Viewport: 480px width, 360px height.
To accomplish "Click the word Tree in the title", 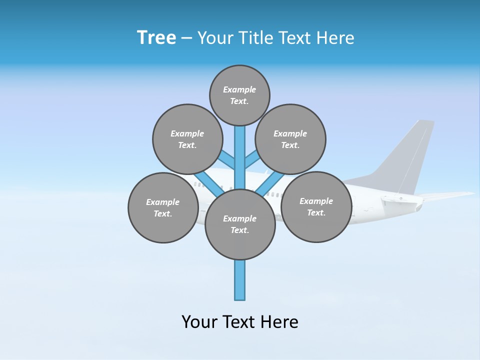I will click(x=156, y=38).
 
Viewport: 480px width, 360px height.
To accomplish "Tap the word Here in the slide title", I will click(x=336, y=38).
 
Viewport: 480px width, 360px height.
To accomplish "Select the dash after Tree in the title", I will click(x=186, y=38).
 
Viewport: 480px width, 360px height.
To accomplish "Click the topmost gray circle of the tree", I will click(x=239, y=95).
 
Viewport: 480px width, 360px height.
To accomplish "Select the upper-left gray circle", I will click(x=187, y=139).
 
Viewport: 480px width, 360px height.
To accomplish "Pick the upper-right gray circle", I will click(x=290, y=139).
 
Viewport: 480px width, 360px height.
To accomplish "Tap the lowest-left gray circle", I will click(x=163, y=207).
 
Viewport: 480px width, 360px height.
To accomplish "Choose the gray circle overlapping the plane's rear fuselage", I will click(x=316, y=206).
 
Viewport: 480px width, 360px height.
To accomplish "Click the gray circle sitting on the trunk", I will click(x=240, y=224).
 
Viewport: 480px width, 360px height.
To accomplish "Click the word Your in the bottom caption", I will click(x=199, y=322).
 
